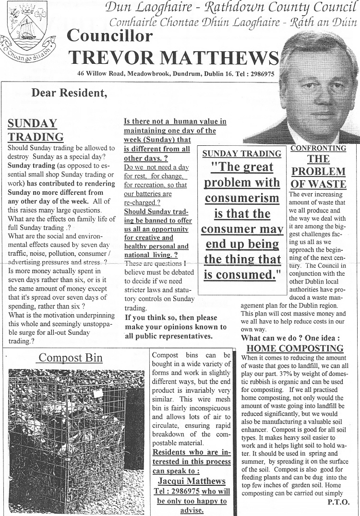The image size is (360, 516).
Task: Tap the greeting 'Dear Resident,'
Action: [70, 93]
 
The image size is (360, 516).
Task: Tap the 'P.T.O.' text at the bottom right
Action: [339, 502]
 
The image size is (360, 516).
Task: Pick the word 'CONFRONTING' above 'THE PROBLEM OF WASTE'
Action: [318, 149]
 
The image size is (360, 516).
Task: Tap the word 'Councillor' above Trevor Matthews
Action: [110, 35]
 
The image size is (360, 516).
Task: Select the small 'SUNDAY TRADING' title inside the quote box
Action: [242, 154]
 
